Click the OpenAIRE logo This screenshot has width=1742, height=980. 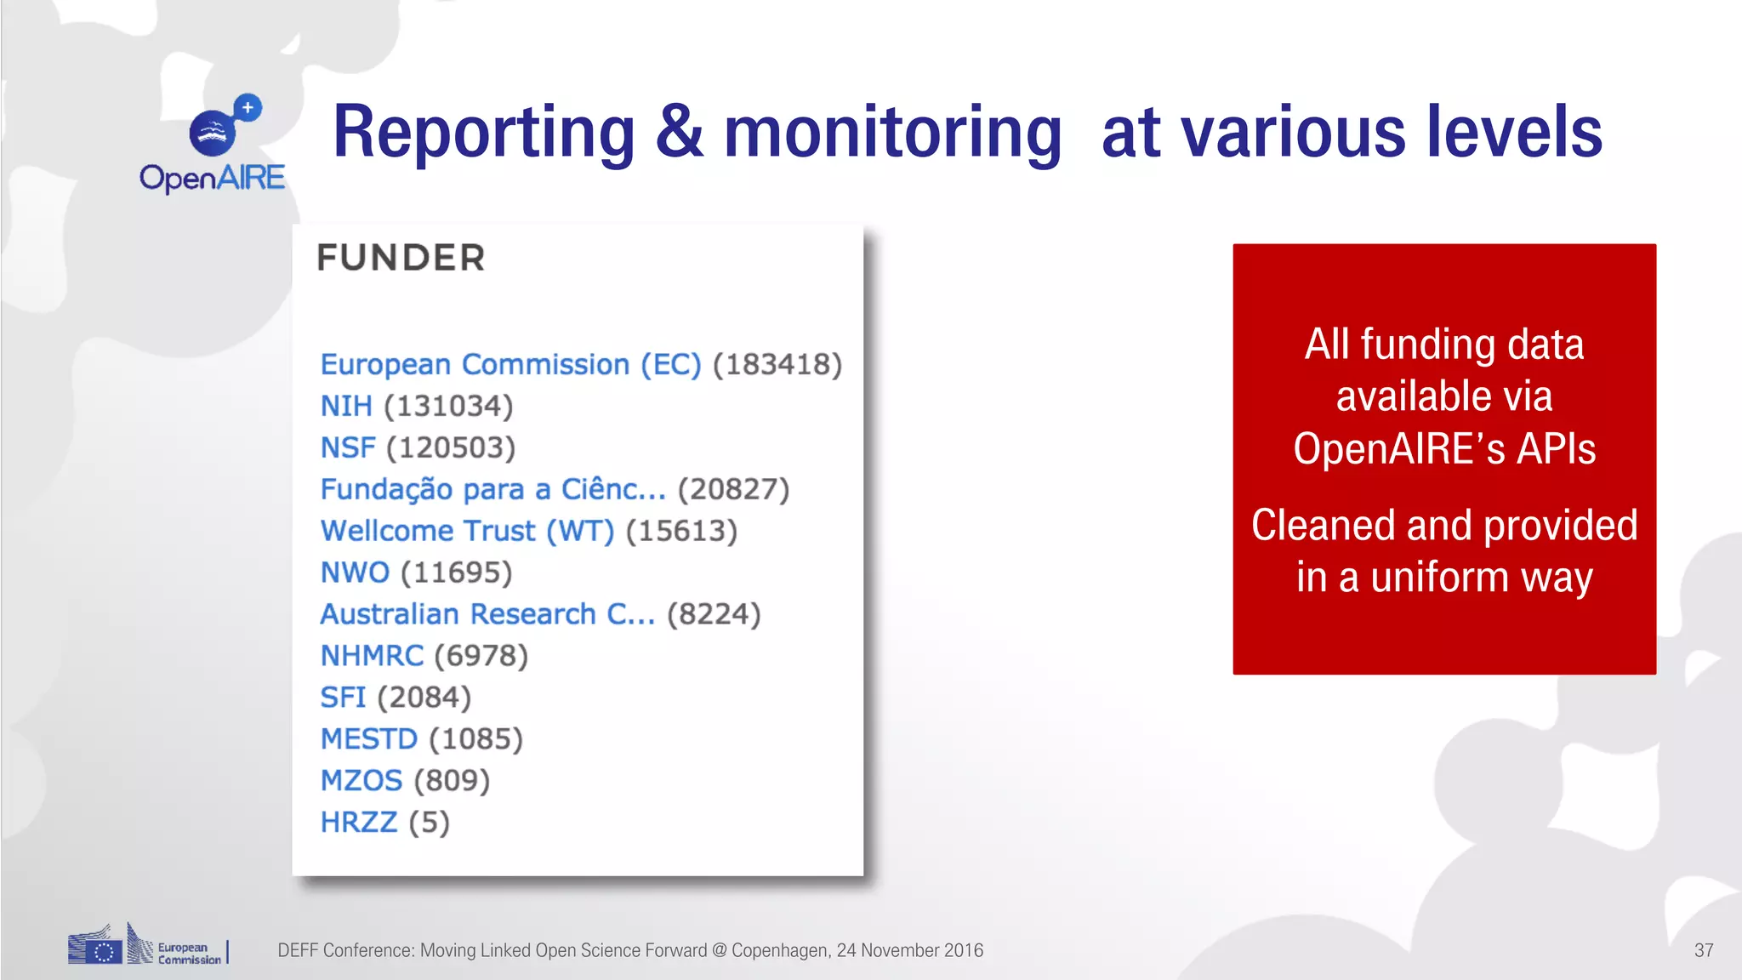[213, 145]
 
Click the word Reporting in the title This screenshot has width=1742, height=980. [483, 133]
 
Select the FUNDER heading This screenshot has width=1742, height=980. [401, 258]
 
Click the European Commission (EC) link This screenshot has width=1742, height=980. [510, 364]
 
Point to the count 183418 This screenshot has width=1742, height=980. [777, 364]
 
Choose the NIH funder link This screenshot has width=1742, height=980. [346, 406]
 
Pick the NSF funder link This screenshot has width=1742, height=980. [348, 447]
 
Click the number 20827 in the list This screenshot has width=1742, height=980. [733, 489]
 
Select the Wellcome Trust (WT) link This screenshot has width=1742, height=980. [467, 531]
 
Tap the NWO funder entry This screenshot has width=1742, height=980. [355, 573]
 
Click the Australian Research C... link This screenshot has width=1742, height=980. [487, 614]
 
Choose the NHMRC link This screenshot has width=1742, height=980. [372, 656]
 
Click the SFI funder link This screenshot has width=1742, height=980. [343, 698]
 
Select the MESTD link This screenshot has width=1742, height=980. [369, 739]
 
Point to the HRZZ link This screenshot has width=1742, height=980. [359, 823]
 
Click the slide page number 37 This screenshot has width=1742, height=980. [1703, 950]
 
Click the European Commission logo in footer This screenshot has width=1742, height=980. [146, 945]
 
